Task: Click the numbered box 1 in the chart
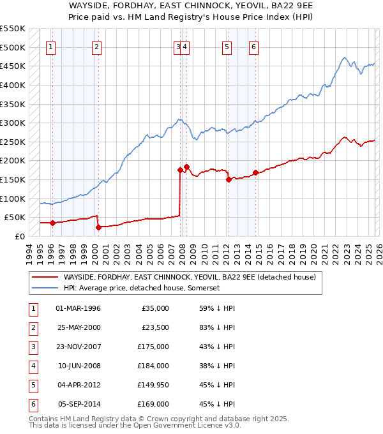click(50, 46)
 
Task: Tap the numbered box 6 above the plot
click(253, 46)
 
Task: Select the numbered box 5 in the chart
click(227, 46)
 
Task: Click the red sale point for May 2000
click(98, 227)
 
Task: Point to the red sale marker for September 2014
click(255, 172)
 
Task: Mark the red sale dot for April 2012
click(229, 180)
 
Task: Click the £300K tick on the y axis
click(13, 123)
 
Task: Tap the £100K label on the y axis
click(13, 198)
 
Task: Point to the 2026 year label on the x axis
click(379, 252)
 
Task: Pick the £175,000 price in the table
click(153, 347)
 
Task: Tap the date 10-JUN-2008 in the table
click(79, 366)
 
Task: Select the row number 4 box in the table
click(32, 366)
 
